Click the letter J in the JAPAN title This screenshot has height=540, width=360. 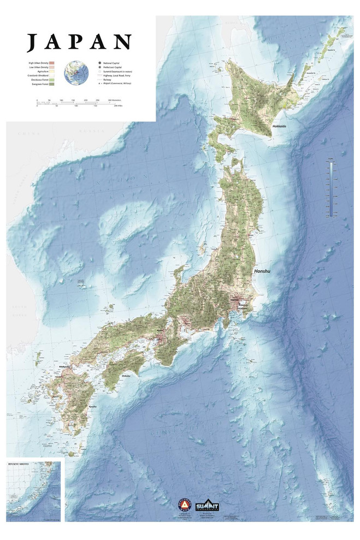click(32, 42)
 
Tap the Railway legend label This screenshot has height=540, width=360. click(108, 80)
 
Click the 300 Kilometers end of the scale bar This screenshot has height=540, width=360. click(113, 101)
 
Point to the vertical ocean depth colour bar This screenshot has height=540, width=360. click(331, 191)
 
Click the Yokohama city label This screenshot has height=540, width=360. click(241, 308)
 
